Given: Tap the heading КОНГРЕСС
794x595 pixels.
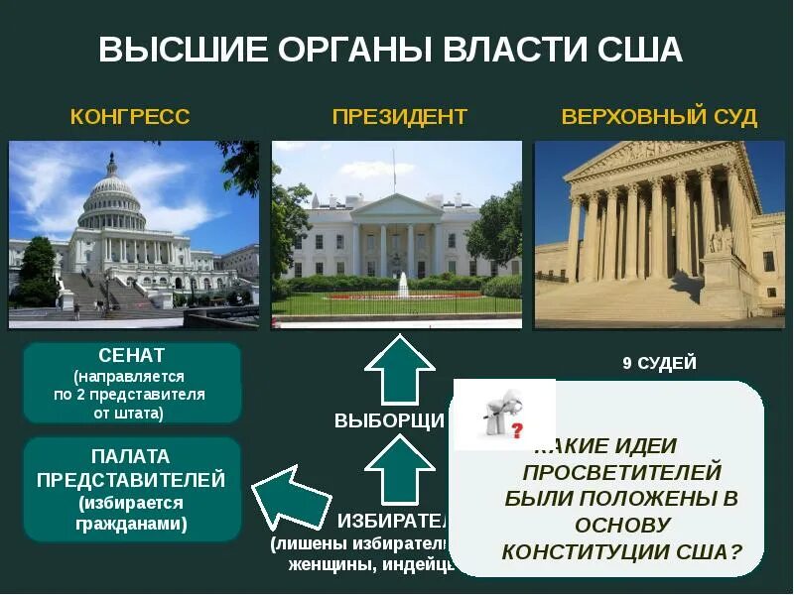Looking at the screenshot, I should click(x=130, y=117).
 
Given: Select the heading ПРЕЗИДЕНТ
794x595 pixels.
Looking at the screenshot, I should click(x=399, y=117).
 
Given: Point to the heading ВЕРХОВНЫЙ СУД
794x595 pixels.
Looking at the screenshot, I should click(x=659, y=117).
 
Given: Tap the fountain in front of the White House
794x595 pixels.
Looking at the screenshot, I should click(x=403, y=284).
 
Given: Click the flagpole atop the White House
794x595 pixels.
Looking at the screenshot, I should click(x=393, y=169).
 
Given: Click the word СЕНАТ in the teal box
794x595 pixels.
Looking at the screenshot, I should click(x=132, y=354).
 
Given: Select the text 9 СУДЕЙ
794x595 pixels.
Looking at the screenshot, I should click(x=659, y=363).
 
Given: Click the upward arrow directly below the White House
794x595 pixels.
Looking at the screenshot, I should click(x=399, y=369).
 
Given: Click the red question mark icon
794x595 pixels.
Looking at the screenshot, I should click(x=517, y=429).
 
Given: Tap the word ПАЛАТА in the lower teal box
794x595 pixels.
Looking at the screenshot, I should click(x=131, y=457).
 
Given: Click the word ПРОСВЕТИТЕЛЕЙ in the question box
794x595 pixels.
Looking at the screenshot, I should click(x=621, y=472).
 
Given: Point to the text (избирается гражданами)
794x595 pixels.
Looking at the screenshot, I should click(x=131, y=514).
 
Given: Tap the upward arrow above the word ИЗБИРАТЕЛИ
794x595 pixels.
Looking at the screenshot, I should click(x=399, y=469).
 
